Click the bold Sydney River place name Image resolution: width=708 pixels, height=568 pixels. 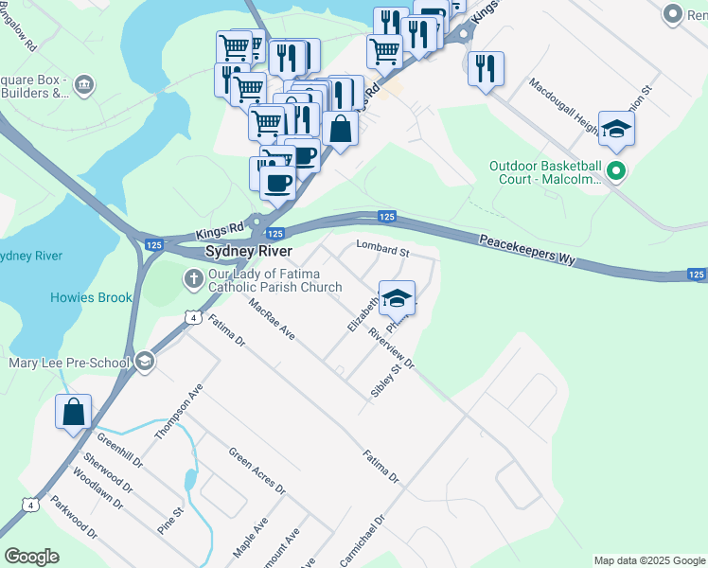[x=249, y=252]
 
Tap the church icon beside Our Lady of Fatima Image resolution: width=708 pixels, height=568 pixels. [x=193, y=277]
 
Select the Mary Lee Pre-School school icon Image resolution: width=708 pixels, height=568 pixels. [x=145, y=360]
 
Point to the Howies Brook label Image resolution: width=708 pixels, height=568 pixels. [x=91, y=298]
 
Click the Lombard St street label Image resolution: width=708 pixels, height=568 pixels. [x=381, y=250]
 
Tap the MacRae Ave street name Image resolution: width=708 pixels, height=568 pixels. [x=272, y=321]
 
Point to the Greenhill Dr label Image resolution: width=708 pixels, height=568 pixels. [x=119, y=451]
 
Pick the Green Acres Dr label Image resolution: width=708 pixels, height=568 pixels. [x=257, y=470]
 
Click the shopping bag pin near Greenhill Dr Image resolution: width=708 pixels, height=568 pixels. [x=73, y=412]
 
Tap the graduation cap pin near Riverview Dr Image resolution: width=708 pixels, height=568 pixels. [x=397, y=297]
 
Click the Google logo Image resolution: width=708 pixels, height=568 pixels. [x=31, y=557]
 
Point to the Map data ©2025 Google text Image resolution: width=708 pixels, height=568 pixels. [x=648, y=560]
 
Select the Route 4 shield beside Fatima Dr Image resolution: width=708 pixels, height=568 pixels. [x=192, y=318]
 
